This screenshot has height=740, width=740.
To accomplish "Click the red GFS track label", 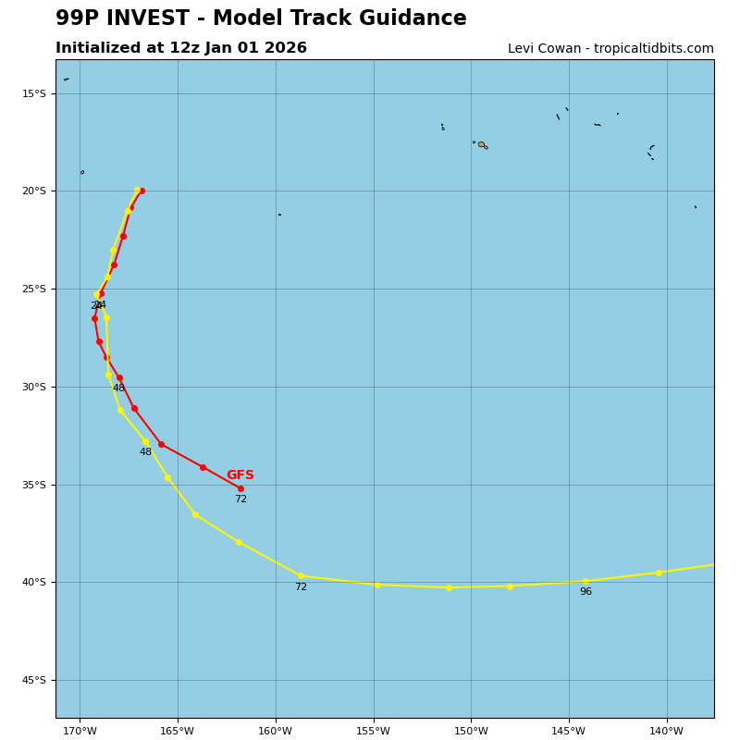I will (x=240, y=475).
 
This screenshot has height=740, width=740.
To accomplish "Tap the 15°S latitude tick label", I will (x=33, y=93).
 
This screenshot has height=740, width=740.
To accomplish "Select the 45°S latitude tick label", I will (x=33, y=681).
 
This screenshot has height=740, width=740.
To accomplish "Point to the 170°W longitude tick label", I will (x=80, y=732).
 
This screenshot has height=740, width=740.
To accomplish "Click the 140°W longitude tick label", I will (x=666, y=732).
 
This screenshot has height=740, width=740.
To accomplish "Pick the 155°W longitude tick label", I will (x=373, y=732).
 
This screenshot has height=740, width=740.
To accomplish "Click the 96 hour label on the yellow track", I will (x=586, y=592).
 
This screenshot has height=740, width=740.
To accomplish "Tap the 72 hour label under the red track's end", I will (x=240, y=499).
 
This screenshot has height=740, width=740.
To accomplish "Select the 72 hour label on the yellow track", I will (x=301, y=587).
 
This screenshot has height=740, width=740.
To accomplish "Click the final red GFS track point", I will (x=240, y=488).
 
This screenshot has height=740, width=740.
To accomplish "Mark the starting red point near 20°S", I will (x=142, y=191).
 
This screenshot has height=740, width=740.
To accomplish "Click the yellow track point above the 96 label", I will (x=586, y=581).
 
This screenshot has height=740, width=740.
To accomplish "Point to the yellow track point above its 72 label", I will (x=301, y=575).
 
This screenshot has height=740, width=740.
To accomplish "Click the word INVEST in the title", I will (x=156, y=18).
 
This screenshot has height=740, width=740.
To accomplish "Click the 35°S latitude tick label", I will (x=33, y=485).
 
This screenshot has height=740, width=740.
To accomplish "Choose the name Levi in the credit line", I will (x=523, y=49).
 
